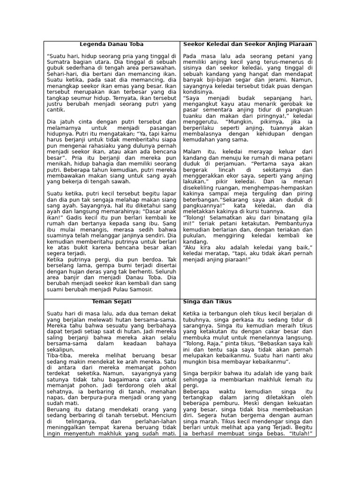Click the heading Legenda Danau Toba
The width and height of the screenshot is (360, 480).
[111, 44]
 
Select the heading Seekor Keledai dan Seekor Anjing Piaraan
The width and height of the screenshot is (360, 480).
[248, 44]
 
